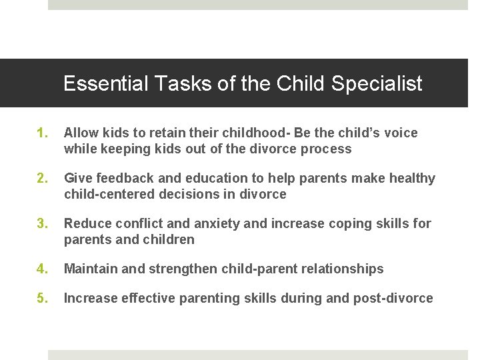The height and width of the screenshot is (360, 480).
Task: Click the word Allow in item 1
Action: click(x=80, y=133)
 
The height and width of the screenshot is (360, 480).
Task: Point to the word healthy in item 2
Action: click(x=411, y=179)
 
